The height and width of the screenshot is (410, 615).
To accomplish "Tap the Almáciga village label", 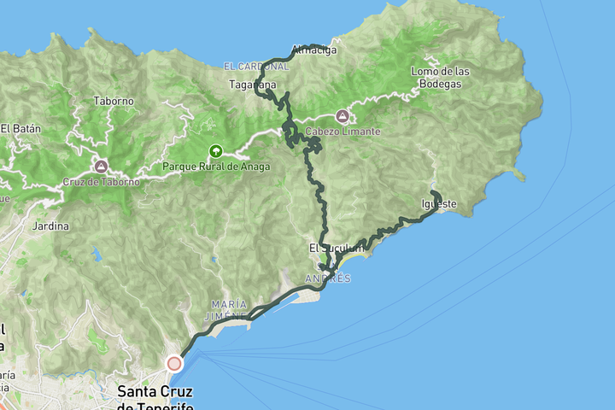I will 314,50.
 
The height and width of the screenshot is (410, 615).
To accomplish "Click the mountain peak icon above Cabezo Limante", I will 343,115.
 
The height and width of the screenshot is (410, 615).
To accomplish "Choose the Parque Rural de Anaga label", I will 216,167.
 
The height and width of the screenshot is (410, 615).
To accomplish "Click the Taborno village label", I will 114,101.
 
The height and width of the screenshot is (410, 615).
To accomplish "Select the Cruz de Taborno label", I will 101,182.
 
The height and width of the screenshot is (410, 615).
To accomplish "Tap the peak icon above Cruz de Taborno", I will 101,166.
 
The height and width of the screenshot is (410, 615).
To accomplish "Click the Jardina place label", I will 50,226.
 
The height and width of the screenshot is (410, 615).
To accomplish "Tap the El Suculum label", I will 328,248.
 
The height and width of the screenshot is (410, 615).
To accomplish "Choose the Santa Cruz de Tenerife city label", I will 155,397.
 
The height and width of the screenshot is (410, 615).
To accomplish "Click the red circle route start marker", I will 174,364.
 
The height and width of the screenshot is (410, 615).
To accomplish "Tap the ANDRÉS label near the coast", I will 328,278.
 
